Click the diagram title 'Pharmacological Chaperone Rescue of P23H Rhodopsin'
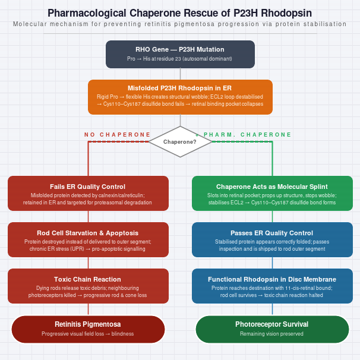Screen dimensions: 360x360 [x=180, y=13]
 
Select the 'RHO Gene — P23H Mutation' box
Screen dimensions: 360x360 [x=180, y=55]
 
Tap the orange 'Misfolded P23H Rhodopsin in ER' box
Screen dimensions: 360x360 [x=180, y=97]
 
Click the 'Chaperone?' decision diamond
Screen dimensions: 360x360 [x=180, y=141]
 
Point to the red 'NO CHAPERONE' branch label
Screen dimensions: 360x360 [x=117, y=134]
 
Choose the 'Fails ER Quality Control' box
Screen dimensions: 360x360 [x=88, y=193]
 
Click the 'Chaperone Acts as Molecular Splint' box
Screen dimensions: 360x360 [x=272, y=193]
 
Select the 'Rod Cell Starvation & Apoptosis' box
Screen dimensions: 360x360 [x=88, y=239]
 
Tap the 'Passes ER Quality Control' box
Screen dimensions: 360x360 [x=272, y=239]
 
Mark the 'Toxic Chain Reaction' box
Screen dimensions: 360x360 [x=88, y=286]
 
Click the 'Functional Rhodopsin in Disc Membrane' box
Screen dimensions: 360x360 [x=272, y=286]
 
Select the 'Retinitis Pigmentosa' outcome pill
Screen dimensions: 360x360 [x=88, y=329]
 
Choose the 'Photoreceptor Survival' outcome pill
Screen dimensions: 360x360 [x=272, y=329]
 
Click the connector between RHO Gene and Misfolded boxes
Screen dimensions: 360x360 [x=180, y=74]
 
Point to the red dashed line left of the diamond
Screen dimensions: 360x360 [x=118, y=141]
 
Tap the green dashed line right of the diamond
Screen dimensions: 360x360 [x=242, y=141]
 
